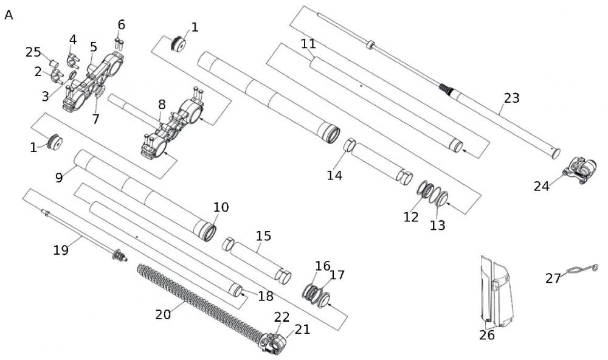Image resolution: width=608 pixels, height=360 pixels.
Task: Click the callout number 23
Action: (512, 97)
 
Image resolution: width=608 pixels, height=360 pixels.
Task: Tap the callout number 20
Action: (163, 314)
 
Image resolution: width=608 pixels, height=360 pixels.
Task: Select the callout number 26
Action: (486, 335)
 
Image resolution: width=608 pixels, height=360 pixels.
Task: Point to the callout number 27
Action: (553, 279)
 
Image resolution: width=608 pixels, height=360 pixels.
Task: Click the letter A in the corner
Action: (9, 15)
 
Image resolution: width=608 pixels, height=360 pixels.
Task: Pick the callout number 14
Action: (334, 176)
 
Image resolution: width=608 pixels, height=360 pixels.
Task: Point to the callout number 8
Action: (162, 104)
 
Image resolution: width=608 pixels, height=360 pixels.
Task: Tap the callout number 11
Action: (308, 44)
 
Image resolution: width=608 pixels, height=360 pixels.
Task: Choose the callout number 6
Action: (122, 25)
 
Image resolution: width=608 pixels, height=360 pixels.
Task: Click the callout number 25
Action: (33, 52)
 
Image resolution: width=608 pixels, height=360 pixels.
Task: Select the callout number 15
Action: (264, 236)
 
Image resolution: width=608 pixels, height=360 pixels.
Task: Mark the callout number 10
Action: (221, 207)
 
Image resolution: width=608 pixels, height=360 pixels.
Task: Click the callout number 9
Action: (59, 178)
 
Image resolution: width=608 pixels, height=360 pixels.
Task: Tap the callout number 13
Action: (437, 226)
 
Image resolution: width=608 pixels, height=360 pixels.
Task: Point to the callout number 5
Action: (93, 47)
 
